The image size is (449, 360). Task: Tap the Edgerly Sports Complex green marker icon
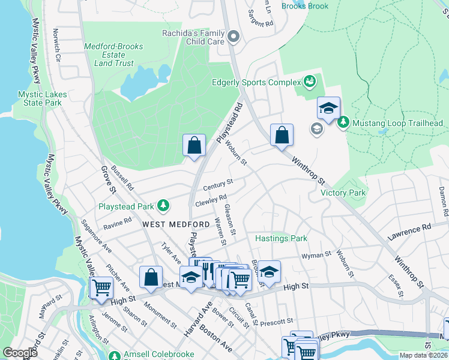tap(310, 81)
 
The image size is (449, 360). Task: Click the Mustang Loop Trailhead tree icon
tap(343, 123)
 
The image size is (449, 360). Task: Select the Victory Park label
tap(343, 193)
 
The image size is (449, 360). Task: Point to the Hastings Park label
tap(281, 238)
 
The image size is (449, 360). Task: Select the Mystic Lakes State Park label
tap(40, 98)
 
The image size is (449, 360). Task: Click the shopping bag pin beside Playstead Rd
tap(194, 146)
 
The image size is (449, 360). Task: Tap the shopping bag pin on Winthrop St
tap(282, 136)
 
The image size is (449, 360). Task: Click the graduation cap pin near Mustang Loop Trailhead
tap(328, 109)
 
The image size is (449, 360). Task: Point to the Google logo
tap(20, 353)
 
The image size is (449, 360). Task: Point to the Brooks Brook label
tap(305, 6)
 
